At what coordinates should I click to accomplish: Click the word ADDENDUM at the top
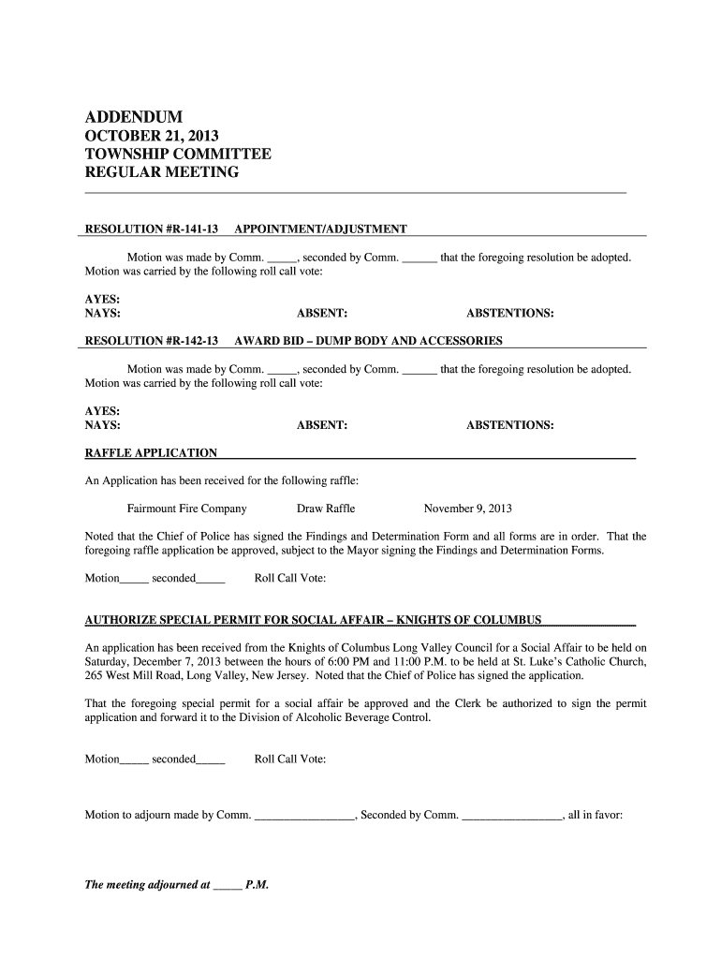(134, 117)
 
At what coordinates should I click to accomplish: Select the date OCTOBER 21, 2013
(152, 137)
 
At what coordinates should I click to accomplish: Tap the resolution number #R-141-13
(192, 229)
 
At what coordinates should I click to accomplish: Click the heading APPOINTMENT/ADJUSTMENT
(320, 229)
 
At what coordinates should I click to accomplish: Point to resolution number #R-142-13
(192, 341)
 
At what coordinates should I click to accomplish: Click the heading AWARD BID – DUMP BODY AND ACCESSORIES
(368, 341)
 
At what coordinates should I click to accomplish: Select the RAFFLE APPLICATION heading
(152, 453)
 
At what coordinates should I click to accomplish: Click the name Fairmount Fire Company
(186, 509)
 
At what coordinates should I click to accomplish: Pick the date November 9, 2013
(468, 509)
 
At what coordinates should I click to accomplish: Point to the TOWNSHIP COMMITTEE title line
(178, 155)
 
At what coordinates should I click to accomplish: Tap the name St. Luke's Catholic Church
(580, 662)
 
